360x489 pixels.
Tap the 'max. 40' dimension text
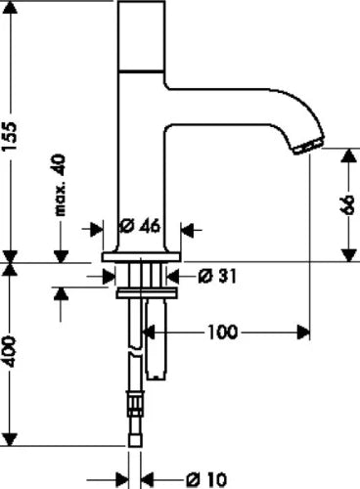[61, 186]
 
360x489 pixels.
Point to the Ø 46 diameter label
[140, 226]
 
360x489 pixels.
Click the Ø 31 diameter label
[216, 277]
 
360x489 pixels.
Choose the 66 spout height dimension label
[347, 204]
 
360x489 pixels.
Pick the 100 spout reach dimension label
[222, 333]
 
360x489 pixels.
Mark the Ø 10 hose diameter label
[206, 480]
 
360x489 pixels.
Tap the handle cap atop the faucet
[142, 36]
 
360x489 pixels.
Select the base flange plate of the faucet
[141, 256]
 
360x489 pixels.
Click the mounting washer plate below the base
[147, 293]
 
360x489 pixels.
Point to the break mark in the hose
[135, 353]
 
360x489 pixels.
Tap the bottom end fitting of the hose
[135, 441]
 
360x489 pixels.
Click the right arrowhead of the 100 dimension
[303, 333]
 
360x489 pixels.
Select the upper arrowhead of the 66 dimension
[349, 156]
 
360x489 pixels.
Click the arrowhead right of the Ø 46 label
[187, 230]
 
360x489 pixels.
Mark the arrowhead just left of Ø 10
[122, 480]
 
